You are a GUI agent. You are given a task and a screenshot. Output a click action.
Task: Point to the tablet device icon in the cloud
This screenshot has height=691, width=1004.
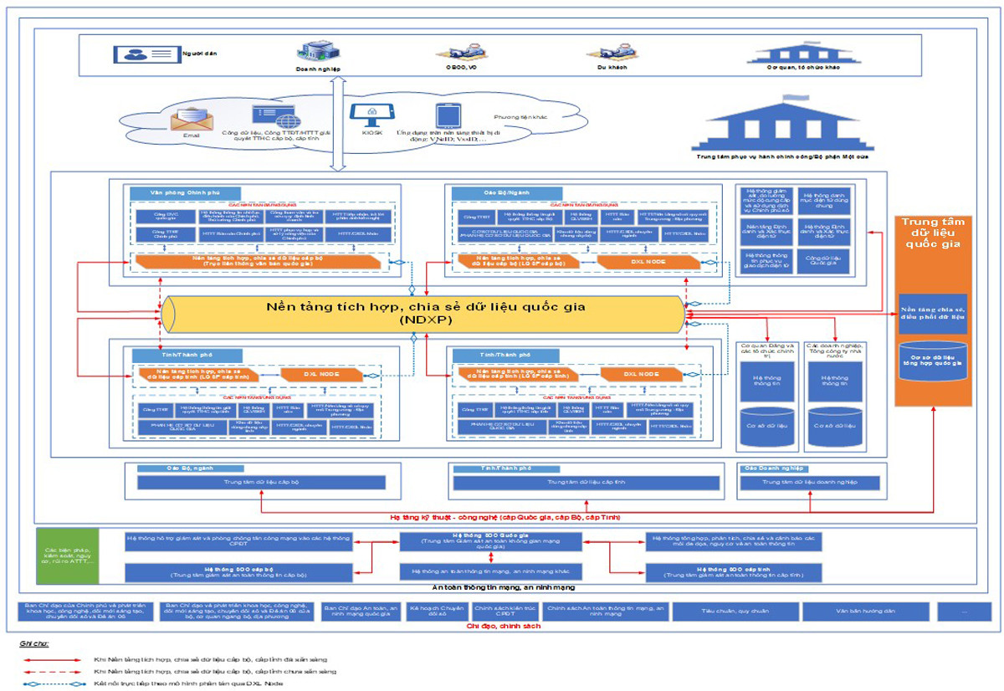[443, 115]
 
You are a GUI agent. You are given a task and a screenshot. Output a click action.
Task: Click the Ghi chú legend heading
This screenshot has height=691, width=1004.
[34, 645]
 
